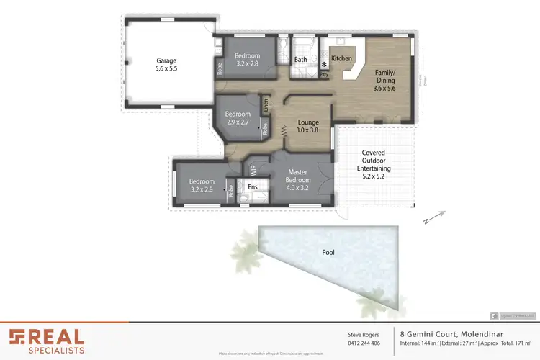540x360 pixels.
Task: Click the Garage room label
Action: [x=166, y=60]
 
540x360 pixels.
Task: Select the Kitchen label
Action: [x=341, y=58]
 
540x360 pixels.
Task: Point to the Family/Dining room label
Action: [x=385, y=77]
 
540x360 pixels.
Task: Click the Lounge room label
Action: [x=308, y=122]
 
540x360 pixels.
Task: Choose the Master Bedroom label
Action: [x=297, y=176]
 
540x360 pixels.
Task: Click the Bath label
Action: [x=301, y=59]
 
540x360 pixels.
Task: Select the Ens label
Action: [x=252, y=187]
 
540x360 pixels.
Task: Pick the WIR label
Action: [x=253, y=170]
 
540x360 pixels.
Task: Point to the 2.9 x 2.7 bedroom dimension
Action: [x=238, y=122]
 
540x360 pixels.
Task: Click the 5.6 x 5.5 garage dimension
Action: [x=166, y=69]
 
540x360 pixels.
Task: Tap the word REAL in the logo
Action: [x=57, y=336]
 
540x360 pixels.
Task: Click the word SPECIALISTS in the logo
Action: [x=57, y=351]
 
